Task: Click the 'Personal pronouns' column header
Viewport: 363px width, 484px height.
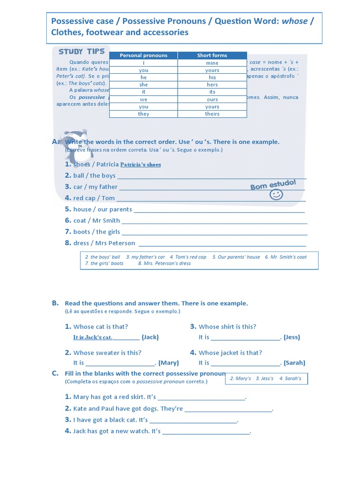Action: point(143,55)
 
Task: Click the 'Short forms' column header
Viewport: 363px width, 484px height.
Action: point(212,55)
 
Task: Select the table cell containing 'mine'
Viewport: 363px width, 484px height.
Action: point(212,63)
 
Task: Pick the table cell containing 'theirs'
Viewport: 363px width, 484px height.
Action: point(212,114)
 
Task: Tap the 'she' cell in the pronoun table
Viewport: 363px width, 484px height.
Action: point(143,85)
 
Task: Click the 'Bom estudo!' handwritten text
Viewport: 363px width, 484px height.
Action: point(273,184)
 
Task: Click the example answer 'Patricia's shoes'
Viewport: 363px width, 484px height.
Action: point(140,164)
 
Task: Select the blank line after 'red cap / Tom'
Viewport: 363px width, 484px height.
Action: point(210,199)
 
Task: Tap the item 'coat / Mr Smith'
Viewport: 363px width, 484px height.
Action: point(96,220)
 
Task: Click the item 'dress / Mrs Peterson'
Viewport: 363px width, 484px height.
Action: point(104,243)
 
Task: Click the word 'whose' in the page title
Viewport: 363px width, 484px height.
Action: point(295,21)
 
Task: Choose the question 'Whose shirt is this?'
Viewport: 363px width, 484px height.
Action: point(227,327)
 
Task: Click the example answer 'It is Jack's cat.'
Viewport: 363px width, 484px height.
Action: point(93,337)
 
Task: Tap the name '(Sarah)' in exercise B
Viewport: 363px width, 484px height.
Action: point(294,363)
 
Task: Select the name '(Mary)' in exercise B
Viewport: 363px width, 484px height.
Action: point(169,363)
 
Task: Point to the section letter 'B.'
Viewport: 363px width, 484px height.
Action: point(55,303)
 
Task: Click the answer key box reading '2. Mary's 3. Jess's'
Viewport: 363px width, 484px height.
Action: point(266,379)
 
